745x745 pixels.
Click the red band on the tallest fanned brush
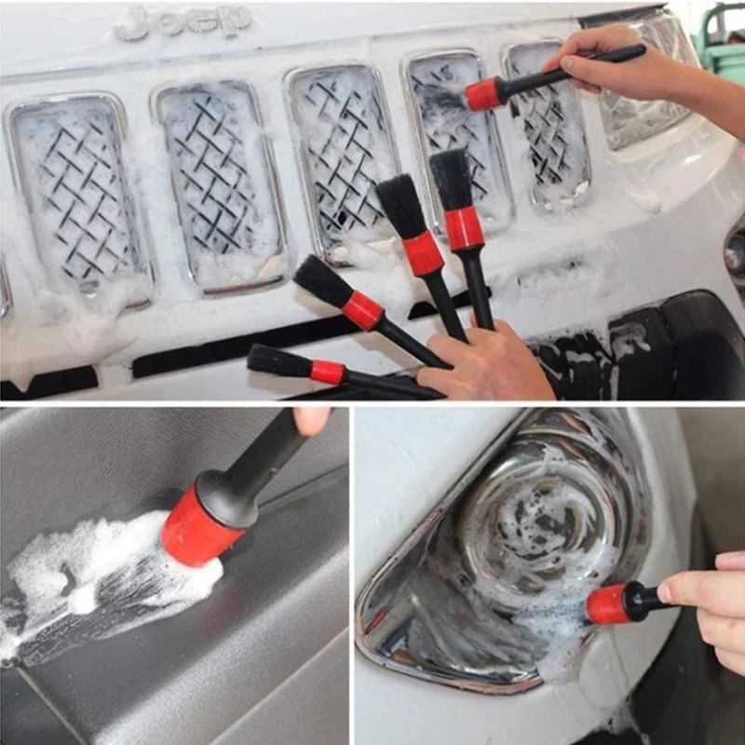(463, 228)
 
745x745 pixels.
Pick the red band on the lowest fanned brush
(327, 372)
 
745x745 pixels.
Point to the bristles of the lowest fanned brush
(279, 361)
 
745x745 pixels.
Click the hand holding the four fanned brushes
(484, 363)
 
